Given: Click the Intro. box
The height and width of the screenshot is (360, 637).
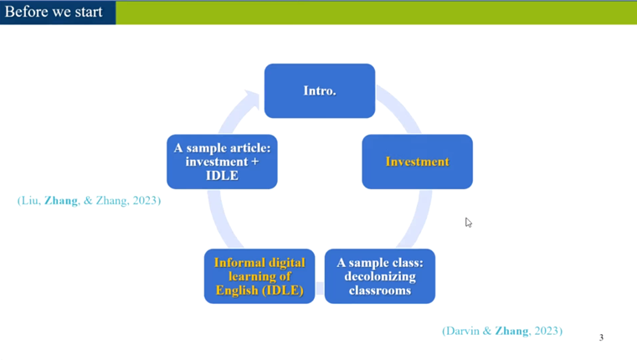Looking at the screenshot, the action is (320, 90).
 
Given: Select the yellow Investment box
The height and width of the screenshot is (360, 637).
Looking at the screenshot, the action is (417, 162).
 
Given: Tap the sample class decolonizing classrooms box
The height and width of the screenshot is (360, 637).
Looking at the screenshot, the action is (380, 276).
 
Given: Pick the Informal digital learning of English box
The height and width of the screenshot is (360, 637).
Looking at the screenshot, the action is (259, 276).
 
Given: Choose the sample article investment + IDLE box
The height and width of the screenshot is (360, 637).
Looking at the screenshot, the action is (222, 162).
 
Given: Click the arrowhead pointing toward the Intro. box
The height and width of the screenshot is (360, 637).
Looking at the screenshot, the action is (252, 100).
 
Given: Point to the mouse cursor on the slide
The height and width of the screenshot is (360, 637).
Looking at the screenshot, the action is (469, 222).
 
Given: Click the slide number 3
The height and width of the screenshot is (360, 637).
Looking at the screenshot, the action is (601, 337).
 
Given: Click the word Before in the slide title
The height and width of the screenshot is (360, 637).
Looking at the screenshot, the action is (27, 12).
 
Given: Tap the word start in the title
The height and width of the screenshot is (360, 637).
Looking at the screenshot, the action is (88, 12).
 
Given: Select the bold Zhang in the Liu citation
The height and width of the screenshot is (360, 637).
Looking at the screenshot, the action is (61, 200).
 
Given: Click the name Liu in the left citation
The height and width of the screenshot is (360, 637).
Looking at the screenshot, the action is (30, 200).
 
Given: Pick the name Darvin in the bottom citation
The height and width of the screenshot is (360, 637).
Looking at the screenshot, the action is (463, 331).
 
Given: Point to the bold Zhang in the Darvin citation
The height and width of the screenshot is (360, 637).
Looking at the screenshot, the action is (512, 331).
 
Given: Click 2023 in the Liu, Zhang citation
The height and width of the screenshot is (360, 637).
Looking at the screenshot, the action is (145, 200).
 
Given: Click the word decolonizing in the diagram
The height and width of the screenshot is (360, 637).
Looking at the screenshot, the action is (380, 276).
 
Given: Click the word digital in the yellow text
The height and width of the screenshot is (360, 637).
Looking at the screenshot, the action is (286, 263).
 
